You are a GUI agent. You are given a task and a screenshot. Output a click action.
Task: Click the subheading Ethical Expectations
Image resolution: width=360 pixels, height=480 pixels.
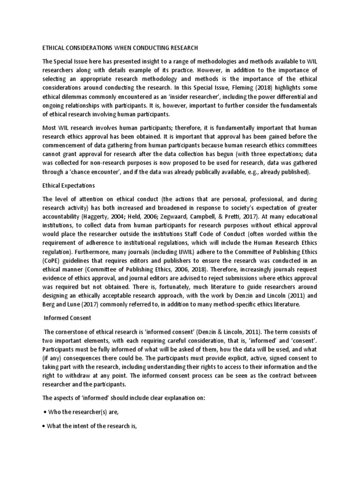69,186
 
